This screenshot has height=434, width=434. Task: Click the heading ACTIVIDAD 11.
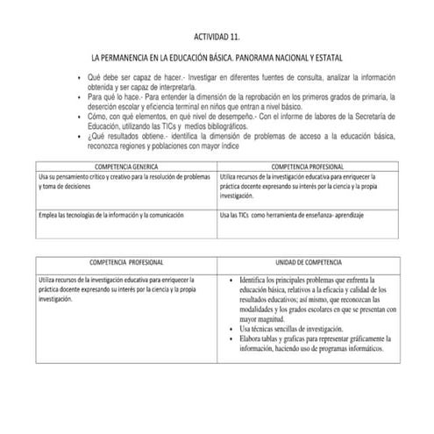(216, 39)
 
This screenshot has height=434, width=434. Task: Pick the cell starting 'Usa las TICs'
(290, 215)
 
